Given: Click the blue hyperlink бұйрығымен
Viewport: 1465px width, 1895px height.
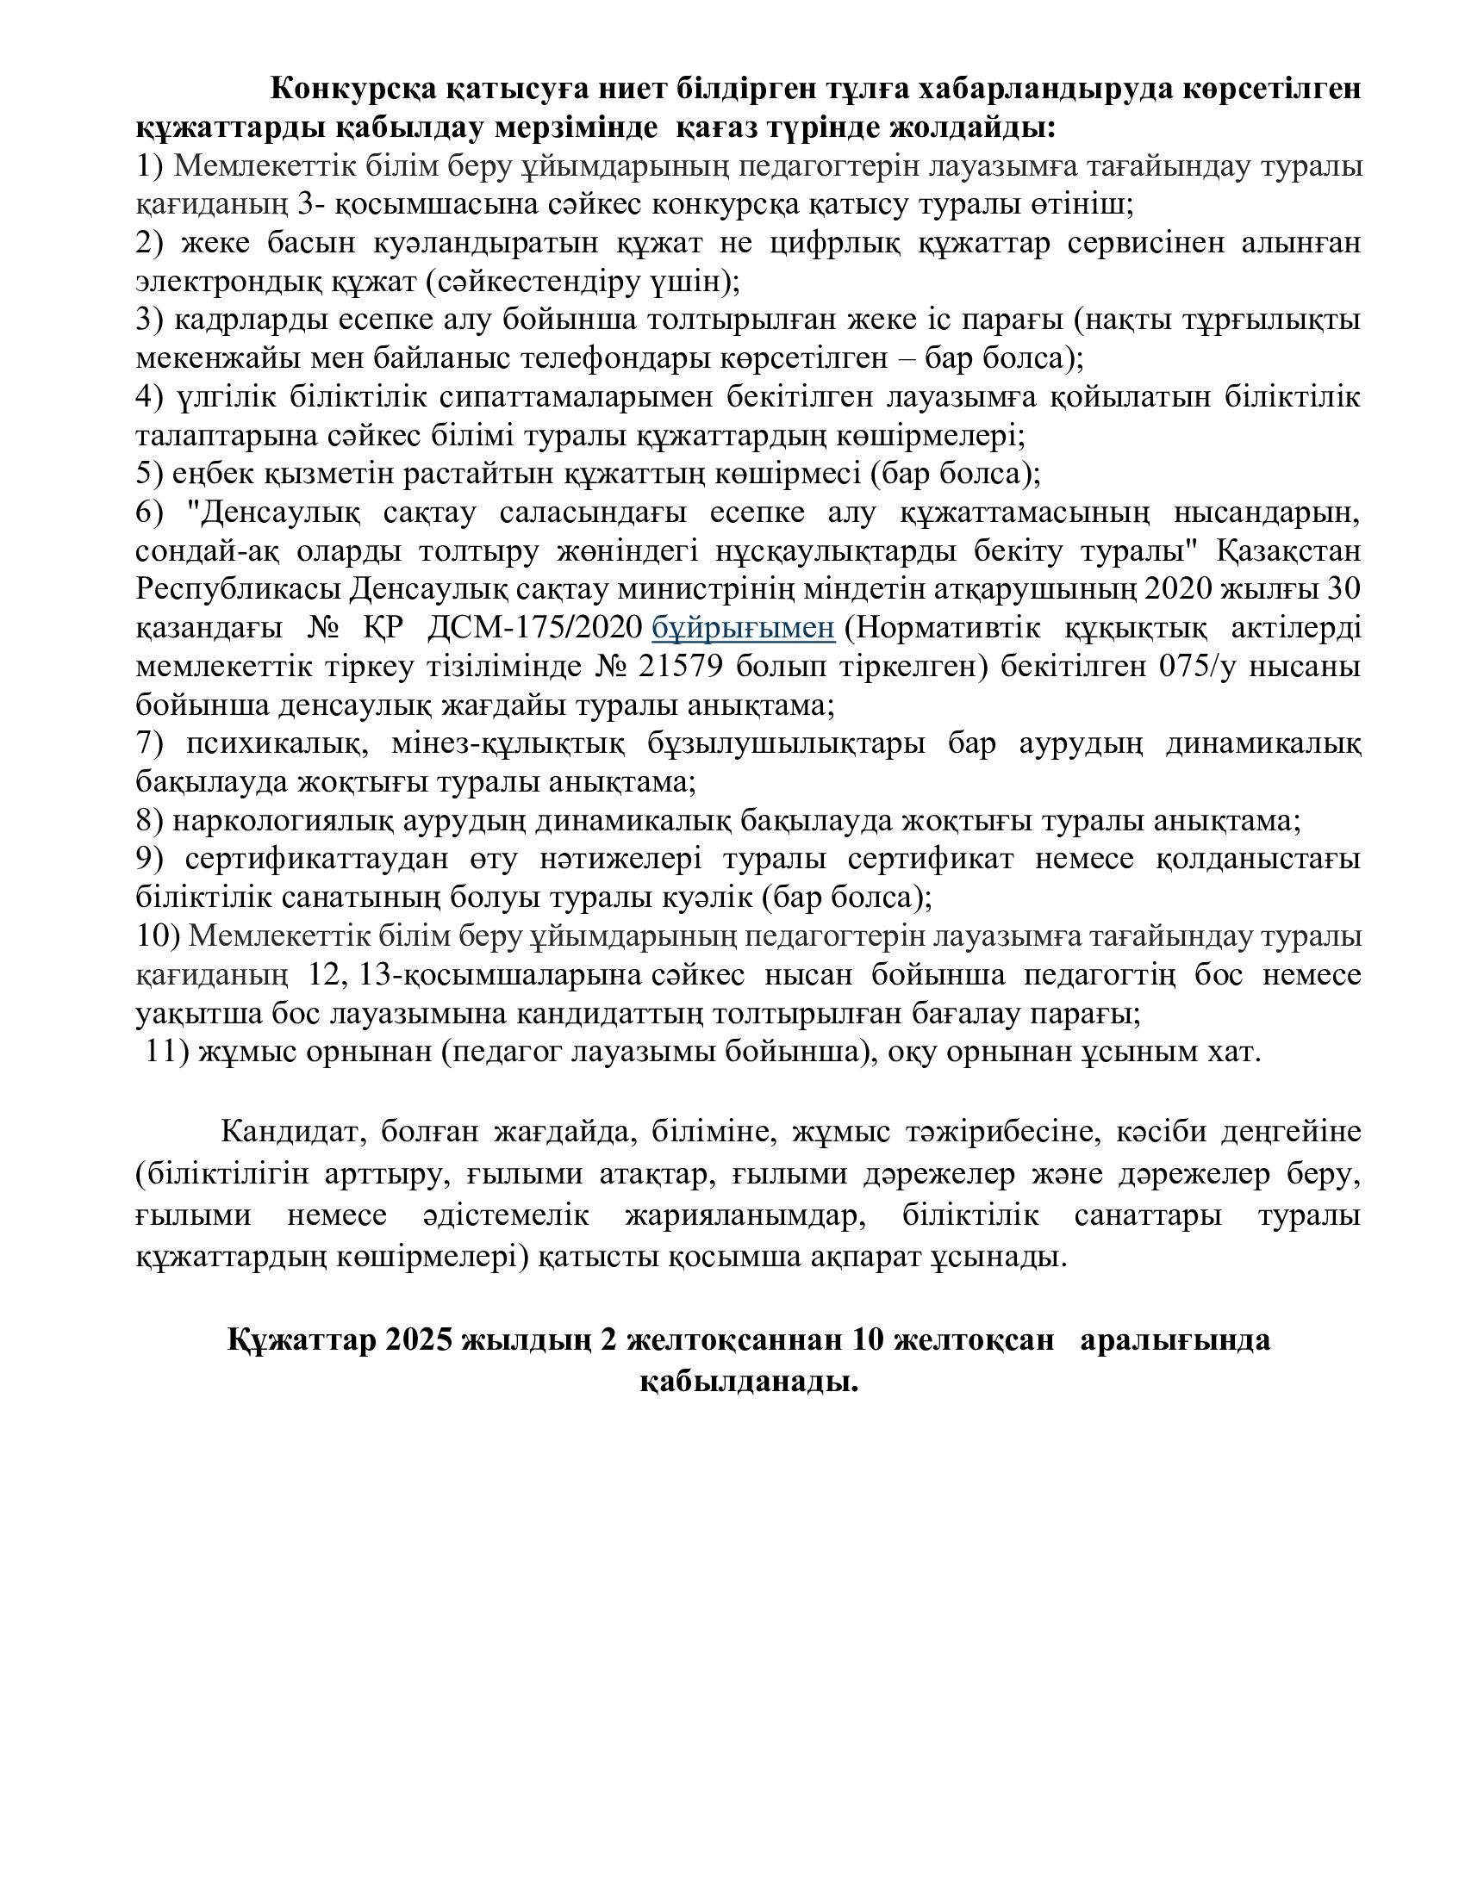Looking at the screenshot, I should pos(743,628).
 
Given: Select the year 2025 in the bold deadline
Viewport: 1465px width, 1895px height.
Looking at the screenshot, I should pos(419,1339).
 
